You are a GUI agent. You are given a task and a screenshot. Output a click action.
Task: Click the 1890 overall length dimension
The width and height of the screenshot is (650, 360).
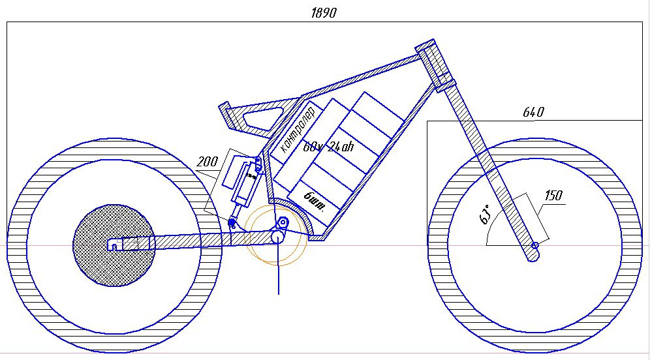pyautogui.click(x=323, y=13)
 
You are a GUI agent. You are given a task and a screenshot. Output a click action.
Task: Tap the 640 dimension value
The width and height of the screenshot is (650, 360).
pyautogui.click(x=534, y=112)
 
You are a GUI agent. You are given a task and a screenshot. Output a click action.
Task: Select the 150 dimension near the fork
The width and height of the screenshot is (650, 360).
pyautogui.click(x=553, y=195)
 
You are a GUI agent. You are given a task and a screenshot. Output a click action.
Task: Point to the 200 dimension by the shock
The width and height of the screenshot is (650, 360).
pyautogui.click(x=207, y=162)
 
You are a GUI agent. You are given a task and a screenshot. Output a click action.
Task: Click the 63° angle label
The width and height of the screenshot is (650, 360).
pyautogui.click(x=485, y=214)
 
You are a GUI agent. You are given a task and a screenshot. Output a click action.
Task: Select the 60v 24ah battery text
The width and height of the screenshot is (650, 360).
pyautogui.click(x=328, y=146)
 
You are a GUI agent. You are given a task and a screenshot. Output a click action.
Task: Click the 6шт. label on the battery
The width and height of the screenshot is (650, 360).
pyautogui.click(x=315, y=201)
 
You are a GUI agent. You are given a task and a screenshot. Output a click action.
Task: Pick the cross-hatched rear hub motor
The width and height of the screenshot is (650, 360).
pyautogui.click(x=114, y=245)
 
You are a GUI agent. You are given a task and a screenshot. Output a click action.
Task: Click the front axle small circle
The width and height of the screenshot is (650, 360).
pyautogui.click(x=534, y=246)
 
